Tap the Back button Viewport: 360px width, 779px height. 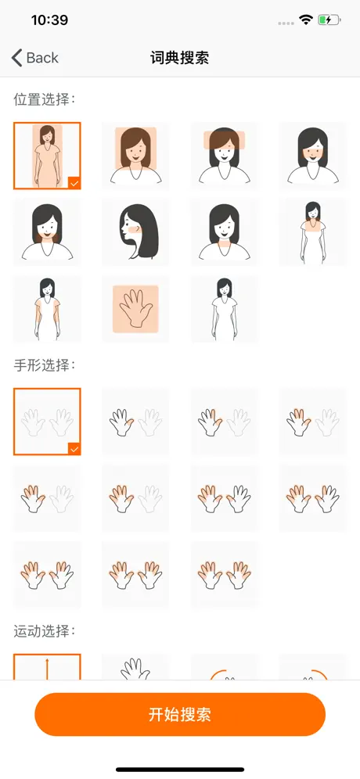click(34, 58)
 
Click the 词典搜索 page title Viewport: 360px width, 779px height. click(179, 58)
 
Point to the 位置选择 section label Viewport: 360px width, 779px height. click(44, 99)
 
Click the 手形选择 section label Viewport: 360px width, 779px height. click(44, 365)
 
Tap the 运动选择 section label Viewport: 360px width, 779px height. click(44, 631)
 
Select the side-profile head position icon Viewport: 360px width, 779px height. click(135, 232)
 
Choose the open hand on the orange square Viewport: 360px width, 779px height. click(135, 309)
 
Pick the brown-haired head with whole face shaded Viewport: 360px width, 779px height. click(135, 156)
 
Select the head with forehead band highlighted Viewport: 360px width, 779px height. click(225, 156)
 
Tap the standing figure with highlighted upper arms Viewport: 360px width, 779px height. click(47, 309)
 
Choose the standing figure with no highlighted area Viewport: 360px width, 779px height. click(225, 309)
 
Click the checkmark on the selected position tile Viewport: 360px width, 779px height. click(74, 183)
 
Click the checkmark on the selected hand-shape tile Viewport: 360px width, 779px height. click(74, 449)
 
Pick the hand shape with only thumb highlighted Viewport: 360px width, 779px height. click(135, 422)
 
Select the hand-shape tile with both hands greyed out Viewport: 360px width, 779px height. click(47, 422)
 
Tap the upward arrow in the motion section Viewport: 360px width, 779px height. click(47, 669)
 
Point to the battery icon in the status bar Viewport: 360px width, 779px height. click(329, 20)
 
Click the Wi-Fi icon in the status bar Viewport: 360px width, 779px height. click(306, 20)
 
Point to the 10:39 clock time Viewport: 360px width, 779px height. click(49, 20)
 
